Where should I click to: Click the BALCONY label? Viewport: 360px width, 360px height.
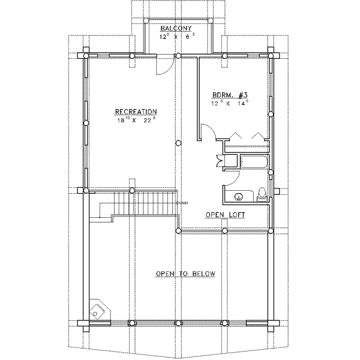pyautogui.click(x=175, y=28)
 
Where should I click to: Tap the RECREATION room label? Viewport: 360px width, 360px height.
pyautogui.click(x=136, y=112)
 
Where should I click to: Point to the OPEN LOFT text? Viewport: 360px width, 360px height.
pyautogui.click(x=225, y=214)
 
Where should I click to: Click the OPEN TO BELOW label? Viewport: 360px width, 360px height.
pyautogui.click(x=185, y=274)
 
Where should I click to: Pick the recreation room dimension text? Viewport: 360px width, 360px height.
pyautogui.click(x=136, y=120)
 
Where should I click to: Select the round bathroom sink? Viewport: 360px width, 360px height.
pyautogui.click(x=239, y=196)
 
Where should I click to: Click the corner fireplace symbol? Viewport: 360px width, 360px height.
pyautogui.click(x=97, y=310)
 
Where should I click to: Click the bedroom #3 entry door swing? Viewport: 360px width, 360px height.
pyautogui.click(x=208, y=132)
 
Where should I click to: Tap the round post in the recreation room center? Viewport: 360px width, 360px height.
pyautogui.click(x=179, y=143)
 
